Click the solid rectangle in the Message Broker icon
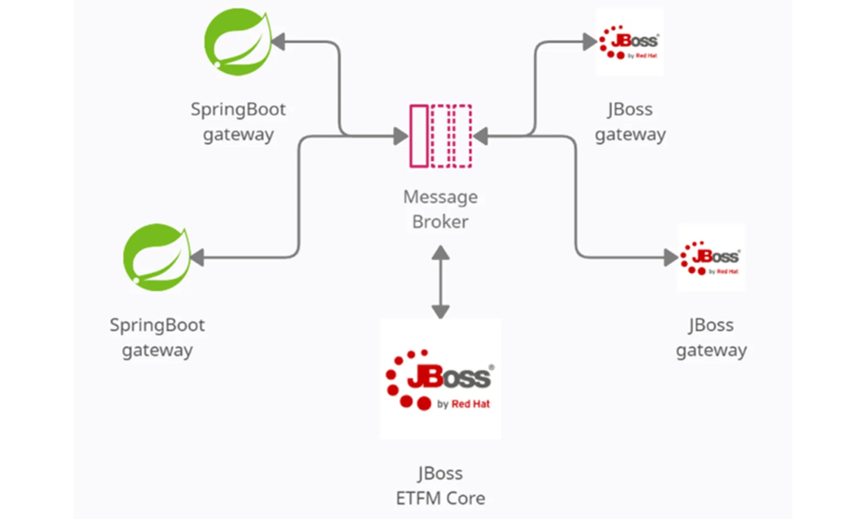pyautogui.click(x=419, y=136)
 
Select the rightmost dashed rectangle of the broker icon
pyautogui.click(x=462, y=136)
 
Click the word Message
pyautogui.click(x=440, y=197)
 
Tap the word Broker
pyautogui.click(x=440, y=222)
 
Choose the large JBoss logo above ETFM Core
pyautogui.click(x=440, y=378)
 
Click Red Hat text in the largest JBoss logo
pyautogui.click(x=470, y=404)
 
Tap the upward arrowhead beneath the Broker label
pyautogui.click(x=441, y=252)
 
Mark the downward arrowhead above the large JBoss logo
pyautogui.click(x=441, y=311)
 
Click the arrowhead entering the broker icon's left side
pyautogui.click(x=401, y=136)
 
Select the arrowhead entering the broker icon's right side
pyautogui.click(x=480, y=136)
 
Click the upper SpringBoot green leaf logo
pyautogui.click(x=237, y=42)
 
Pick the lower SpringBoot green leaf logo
pyautogui.click(x=156, y=257)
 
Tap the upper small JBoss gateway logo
pyautogui.click(x=629, y=42)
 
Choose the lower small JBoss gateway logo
pyautogui.click(x=711, y=257)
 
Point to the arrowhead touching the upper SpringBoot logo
pyautogui.click(x=278, y=42)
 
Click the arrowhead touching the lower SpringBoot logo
pyautogui.click(x=197, y=257)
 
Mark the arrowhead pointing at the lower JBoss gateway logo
pyautogui.click(x=671, y=257)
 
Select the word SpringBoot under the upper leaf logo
pyautogui.click(x=238, y=110)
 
